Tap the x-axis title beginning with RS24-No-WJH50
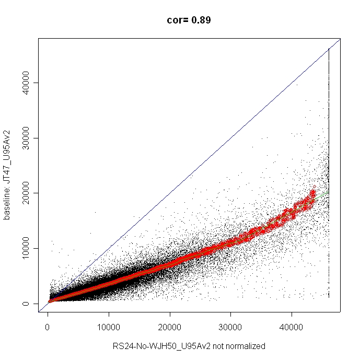pos(189,346)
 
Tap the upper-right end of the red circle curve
pos(314,188)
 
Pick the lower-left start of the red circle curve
pos(49,301)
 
